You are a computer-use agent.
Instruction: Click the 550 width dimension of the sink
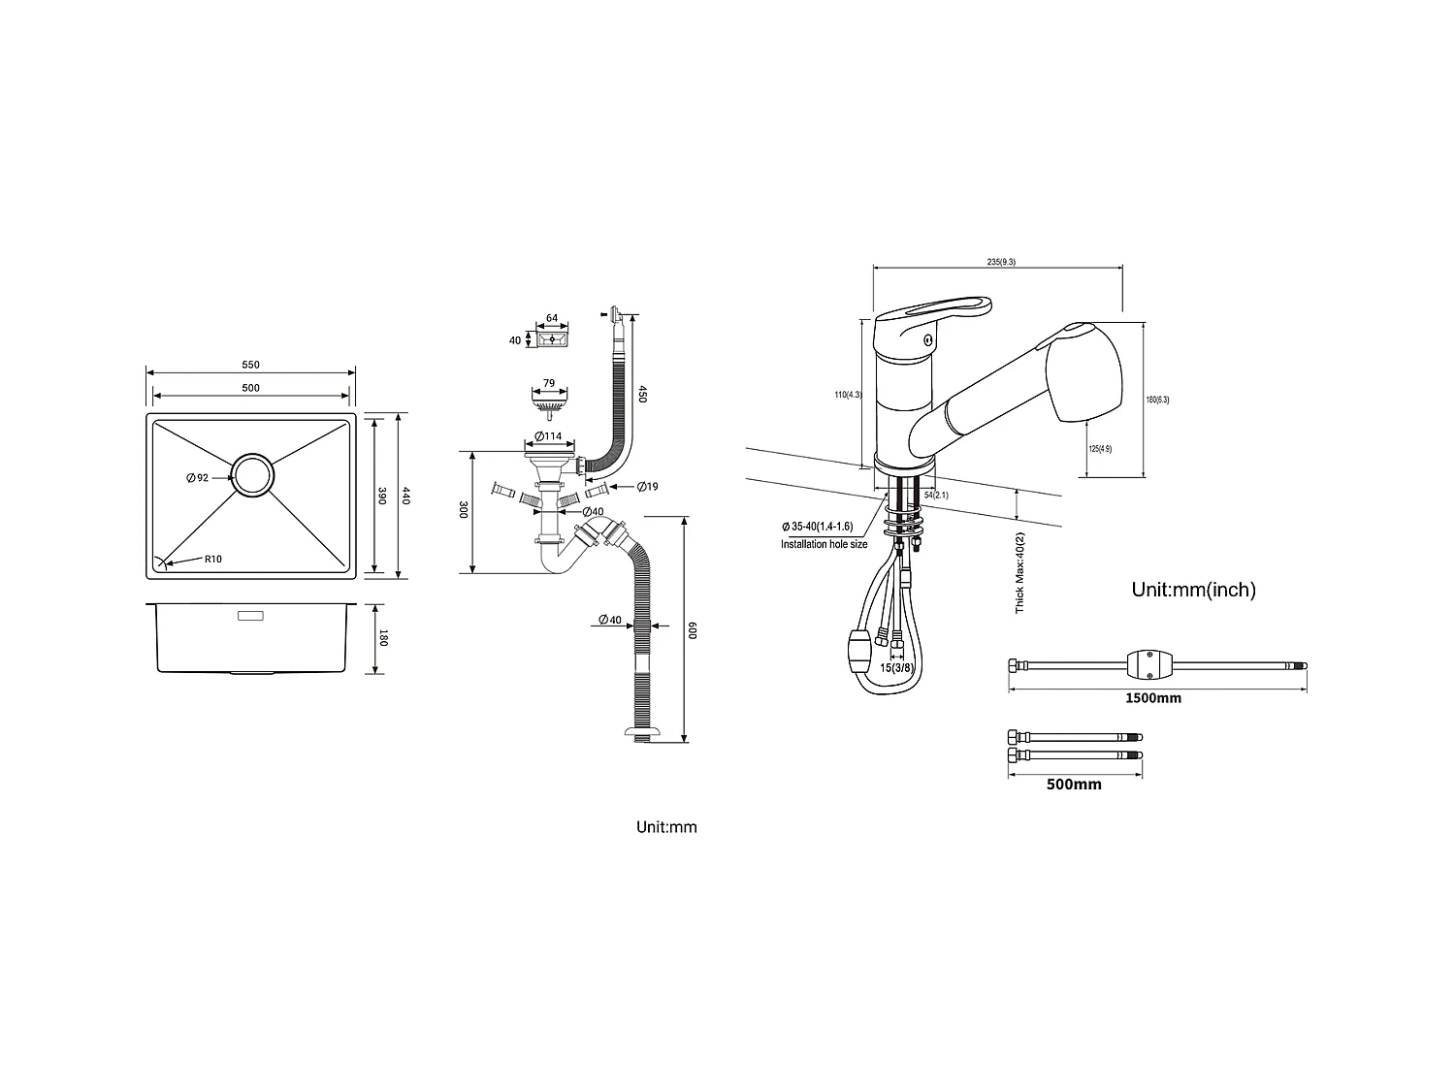[x=250, y=365]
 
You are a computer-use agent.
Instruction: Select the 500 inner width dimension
[x=250, y=388]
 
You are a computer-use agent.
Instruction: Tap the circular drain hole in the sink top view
[x=252, y=476]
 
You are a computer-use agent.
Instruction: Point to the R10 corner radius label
[x=212, y=560]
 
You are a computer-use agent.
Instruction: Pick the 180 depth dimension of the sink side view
[x=383, y=638]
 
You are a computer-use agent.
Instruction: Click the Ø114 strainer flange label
[x=549, y=436]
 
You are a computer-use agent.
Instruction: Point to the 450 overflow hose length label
[x=641, y=394]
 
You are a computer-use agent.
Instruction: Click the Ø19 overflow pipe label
[x=647, y=486]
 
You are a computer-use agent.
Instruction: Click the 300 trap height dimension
[x=464, y=510]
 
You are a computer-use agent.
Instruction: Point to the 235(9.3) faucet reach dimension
[x=1001, y=262]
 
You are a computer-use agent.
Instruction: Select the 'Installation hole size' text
[x=824, y=545]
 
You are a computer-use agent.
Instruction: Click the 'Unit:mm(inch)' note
[x=1193, y=590]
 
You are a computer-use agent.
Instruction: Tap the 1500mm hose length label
[x=1153, y=698]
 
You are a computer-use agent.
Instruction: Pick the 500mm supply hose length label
[x=1074, y=785]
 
